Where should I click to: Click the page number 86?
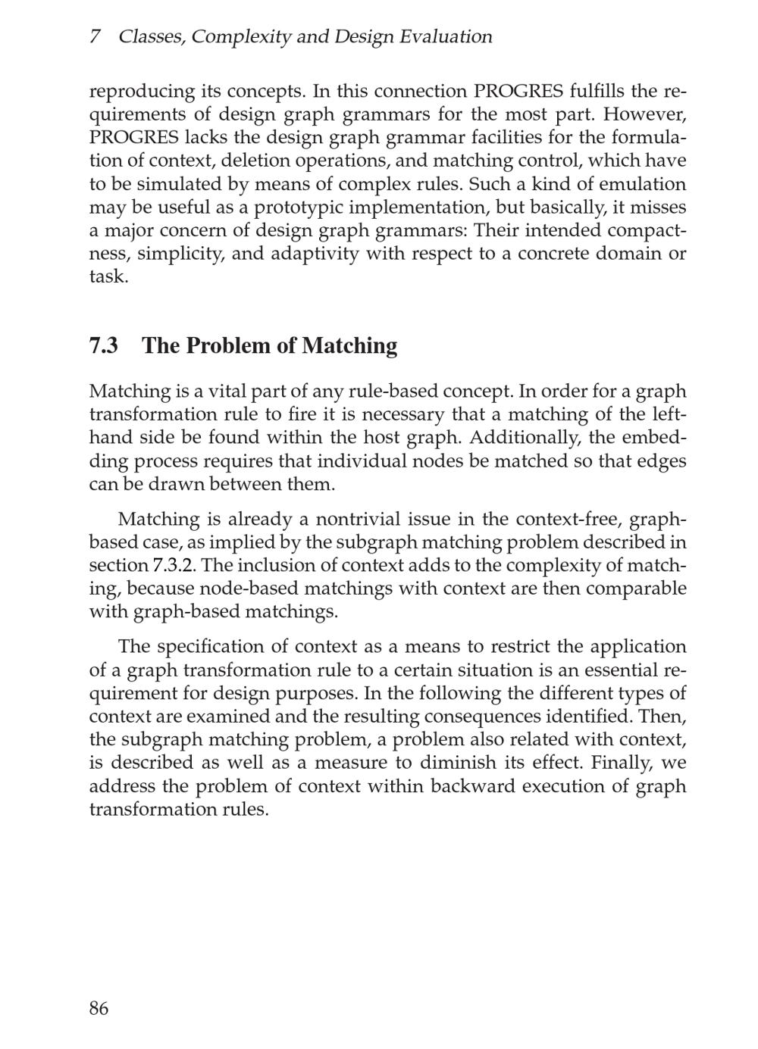point(99,1008)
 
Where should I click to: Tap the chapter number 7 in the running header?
point(95,36)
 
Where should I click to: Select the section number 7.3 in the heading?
point(104,345)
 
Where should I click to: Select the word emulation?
point(642,184)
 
